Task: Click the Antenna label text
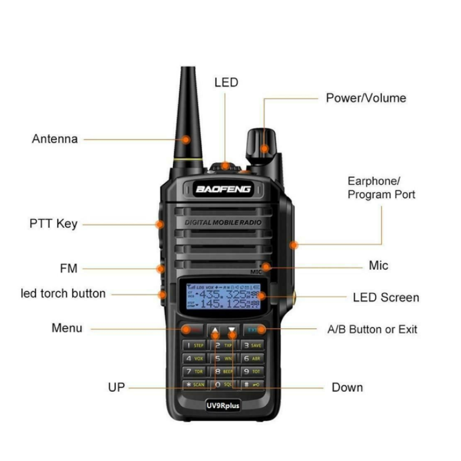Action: (x=55, y=139)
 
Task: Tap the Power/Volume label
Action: (x=366, y=98)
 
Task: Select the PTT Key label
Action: (x=54, y=224)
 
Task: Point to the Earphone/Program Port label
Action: (x=381, y=188)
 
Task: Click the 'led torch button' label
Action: (x=63, y=293)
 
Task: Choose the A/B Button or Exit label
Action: (x=372, y=329)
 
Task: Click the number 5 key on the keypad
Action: (x=223, y=358)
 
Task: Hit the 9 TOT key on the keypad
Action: (x=252, y=372)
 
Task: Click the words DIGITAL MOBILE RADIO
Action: (x=223, y=223)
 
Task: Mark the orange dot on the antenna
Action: (x=186, y=139)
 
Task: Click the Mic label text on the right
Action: (x=378, y=266)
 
